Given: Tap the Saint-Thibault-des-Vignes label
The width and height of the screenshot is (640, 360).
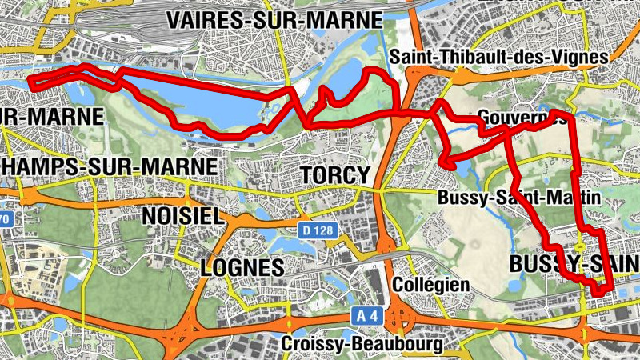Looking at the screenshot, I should click(x=499, y=57).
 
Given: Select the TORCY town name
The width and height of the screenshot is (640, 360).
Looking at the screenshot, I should click(x=334, y=174).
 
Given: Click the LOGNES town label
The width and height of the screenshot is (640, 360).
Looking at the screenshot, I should click(x=242, y=267).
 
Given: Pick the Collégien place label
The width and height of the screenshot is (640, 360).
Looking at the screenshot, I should click(x=431, y=285).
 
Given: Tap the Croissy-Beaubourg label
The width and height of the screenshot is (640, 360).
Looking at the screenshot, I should click(x=362, y=345).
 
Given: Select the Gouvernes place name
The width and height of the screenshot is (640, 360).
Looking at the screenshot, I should click(x=520, y=118).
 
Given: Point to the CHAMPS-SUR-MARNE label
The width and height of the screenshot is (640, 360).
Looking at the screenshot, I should click(x=108, y=166).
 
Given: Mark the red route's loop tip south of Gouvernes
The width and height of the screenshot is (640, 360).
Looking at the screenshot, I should click(x=445, y=164).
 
